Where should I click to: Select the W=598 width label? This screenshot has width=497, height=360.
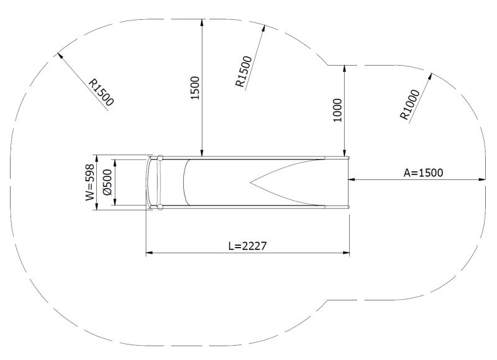click(89, 182)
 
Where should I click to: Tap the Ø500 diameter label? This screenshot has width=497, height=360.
click(107, 183)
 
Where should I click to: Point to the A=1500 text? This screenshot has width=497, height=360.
click(423, 173)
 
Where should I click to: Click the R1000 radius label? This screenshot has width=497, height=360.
click(411, 105)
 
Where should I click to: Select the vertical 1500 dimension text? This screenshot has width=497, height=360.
click(194, 88)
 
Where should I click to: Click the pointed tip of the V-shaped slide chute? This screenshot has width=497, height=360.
click(251, 182)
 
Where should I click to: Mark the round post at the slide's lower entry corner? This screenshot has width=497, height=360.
click(160, 207)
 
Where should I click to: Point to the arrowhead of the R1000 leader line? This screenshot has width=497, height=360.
click(431, 76)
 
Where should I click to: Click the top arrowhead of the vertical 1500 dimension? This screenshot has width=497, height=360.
click(202, 22)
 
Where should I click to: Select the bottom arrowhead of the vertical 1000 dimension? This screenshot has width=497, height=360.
click(345, 153)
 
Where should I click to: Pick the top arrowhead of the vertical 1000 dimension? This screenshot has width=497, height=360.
click(345, 68)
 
